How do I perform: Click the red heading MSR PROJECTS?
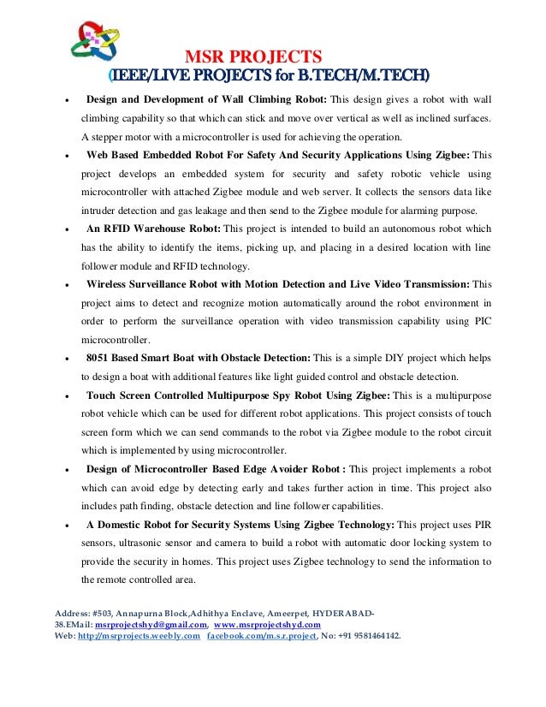(252, 56)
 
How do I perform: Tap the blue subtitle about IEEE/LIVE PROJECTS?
(270, 75)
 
